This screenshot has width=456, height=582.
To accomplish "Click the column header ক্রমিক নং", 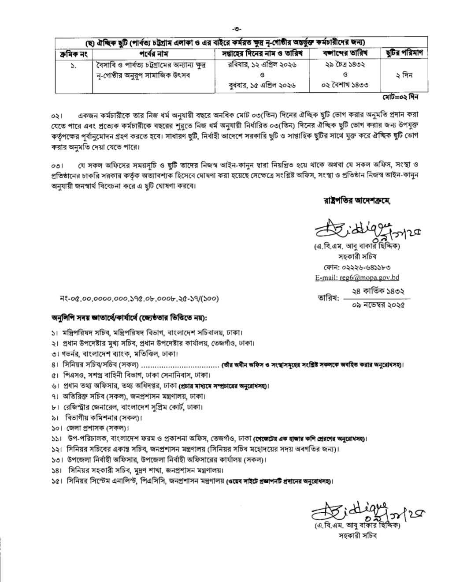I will [x=74, y=53].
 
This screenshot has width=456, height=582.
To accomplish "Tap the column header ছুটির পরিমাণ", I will [x=404, y=53].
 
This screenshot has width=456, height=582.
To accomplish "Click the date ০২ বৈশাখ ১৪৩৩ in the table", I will [x=345, y=85].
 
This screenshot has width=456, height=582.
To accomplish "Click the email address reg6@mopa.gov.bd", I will [x=357, y=278].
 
